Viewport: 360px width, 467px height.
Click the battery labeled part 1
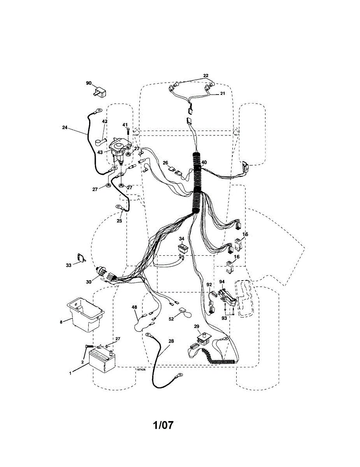click(x=102, y=361)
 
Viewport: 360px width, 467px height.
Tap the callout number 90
click(x=88, y=83)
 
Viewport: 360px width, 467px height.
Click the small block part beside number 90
click(x=102, y=93)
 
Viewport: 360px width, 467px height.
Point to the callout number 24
click(x=65, y=127)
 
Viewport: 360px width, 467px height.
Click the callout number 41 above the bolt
click(x=125, y=125)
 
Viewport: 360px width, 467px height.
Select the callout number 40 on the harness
click(x=204, y=162)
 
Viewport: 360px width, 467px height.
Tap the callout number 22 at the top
click(x=206, y=75)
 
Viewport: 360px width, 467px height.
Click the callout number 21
click(x=223, y=93)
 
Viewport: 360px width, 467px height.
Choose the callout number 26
click(x=165, y=163)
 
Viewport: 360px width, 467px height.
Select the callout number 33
click(x=68, y=265)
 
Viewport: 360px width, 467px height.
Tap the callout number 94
click(x=222, y=281)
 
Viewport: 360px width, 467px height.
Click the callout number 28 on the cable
click(x=171, y=341)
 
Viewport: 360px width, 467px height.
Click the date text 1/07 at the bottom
click(x=162, y=425)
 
